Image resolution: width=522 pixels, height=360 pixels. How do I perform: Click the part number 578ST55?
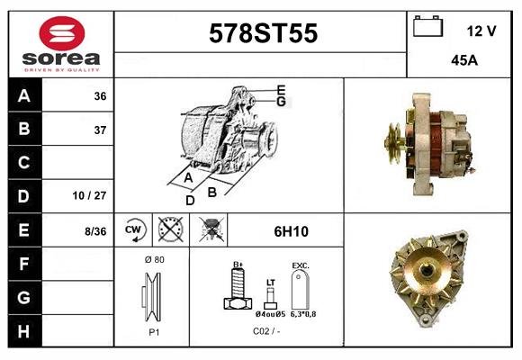click(x=263, y=33)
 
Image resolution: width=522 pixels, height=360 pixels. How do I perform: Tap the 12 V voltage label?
click(x=481, y=31)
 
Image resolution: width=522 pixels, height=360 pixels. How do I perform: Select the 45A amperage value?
click(x=463, y=61)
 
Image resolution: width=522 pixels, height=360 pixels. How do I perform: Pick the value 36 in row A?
click(x=99, y=96)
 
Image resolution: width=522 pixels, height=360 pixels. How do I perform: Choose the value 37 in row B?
click(x=99, y=130)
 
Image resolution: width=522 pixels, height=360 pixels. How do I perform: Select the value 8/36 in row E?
click(x=94, y=230)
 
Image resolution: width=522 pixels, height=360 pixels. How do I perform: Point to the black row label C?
click(x=23, y=163)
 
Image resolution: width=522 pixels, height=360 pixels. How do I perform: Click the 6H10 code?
click(x=291, y=231)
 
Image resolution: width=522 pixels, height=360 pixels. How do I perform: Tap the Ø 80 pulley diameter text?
click(x=153, y=259)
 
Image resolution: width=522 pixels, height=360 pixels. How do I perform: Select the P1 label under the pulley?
click(x=153, y=331)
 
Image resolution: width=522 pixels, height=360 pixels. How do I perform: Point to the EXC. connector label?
click(x=301, y=265)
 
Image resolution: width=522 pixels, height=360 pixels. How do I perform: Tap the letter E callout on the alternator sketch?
click(x=281, y=89)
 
